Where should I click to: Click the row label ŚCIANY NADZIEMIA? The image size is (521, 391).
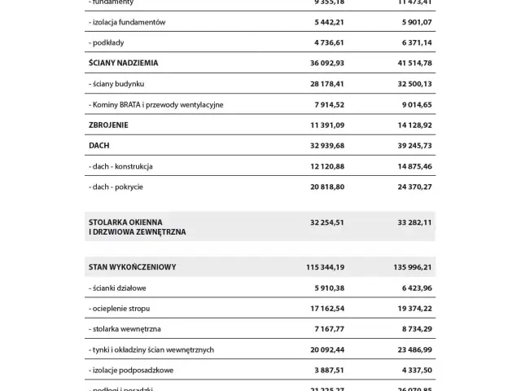click(x=123, y=63)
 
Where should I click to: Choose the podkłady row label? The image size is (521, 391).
click(x=108, y=42)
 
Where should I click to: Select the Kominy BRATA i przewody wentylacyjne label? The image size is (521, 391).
click(x=155, y=104)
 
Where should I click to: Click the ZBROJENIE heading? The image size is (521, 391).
click(x=108, y=125)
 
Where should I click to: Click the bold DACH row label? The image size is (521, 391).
click(x=98, y=146)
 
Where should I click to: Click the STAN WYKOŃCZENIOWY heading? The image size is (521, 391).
click(x=132, y=266)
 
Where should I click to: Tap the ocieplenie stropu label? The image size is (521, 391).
click(x=121, y=309)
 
